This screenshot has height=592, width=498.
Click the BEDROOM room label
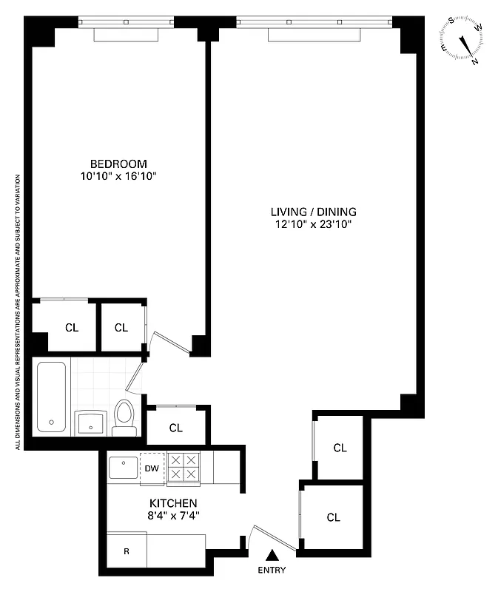pos(118,164)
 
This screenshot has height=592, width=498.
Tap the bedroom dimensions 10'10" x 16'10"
pos(118,176)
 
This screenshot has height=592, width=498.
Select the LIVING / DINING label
pos(308,212)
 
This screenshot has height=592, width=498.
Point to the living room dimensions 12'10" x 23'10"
pos(308,224)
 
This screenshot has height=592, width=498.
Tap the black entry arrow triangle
pos(272,554)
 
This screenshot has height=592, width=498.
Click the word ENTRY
pos(272,571)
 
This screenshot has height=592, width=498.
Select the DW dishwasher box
pos(152,468)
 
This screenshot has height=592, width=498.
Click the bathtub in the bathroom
pos(51,397)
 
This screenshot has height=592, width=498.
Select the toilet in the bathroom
pos(124,418)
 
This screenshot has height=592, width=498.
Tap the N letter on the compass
pos(475,62)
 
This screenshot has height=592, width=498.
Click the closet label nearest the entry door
pos(333,517)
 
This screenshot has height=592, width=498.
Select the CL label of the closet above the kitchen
pos(176,428)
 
